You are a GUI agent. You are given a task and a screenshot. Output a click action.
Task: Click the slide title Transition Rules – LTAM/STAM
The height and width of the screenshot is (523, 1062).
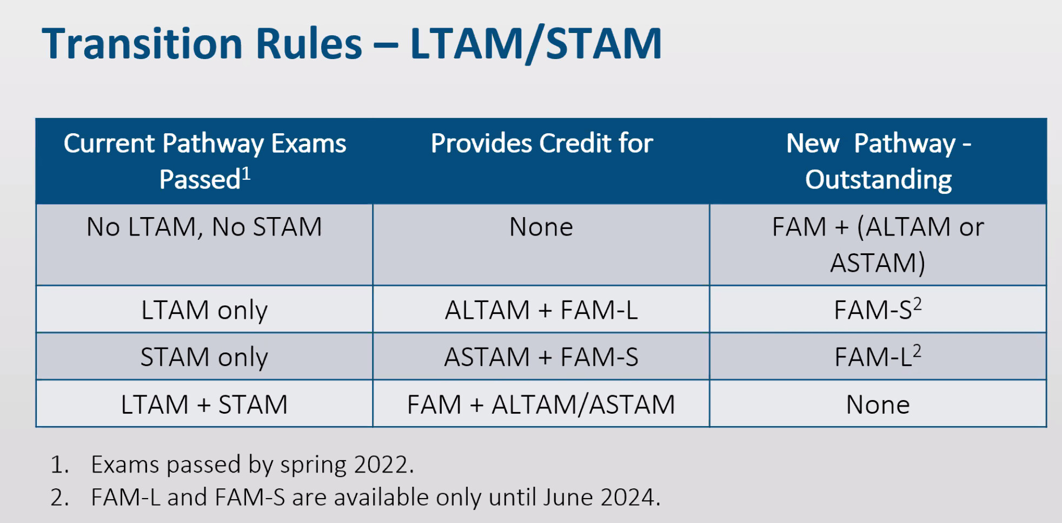pos(351,44)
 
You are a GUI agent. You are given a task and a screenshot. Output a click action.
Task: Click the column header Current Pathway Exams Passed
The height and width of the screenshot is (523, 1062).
pos(205,161)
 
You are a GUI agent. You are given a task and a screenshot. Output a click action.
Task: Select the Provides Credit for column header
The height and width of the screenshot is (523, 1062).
pos(542,143)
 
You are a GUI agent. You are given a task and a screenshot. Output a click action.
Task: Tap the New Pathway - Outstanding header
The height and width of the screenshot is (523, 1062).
pos(879,161)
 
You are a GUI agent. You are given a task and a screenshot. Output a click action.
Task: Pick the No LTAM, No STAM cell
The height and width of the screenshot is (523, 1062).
pos(204,227)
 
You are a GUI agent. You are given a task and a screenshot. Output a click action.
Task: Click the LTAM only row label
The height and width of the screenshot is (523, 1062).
pos(204,310)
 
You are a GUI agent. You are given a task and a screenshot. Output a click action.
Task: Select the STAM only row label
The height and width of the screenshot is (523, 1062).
pos(204,357)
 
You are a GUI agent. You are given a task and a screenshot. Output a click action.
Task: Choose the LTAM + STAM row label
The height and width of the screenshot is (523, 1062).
pos(204,404)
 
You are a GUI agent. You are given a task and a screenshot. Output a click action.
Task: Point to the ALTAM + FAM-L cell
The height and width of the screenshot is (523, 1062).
pos(541,310)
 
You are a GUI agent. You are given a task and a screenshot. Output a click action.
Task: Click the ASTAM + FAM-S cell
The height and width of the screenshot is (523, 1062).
pos(541,357)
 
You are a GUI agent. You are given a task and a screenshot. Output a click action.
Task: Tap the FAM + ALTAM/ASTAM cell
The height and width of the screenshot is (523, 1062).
pos(541,404)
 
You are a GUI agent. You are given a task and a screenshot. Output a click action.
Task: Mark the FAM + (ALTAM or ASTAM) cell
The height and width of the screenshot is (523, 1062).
pos(878,245)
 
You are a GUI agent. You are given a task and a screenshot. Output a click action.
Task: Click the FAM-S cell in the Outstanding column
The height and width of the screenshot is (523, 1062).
pos(878,310)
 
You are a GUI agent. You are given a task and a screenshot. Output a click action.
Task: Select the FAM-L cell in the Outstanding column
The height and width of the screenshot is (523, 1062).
pos(878,357)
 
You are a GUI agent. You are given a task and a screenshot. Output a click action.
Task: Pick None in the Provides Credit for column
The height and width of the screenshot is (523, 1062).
pos(541,227)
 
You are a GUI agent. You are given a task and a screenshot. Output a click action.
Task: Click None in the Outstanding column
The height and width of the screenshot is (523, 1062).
pos(878,404)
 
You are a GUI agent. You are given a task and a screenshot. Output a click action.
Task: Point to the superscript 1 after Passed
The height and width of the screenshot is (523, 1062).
pos(246,173)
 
